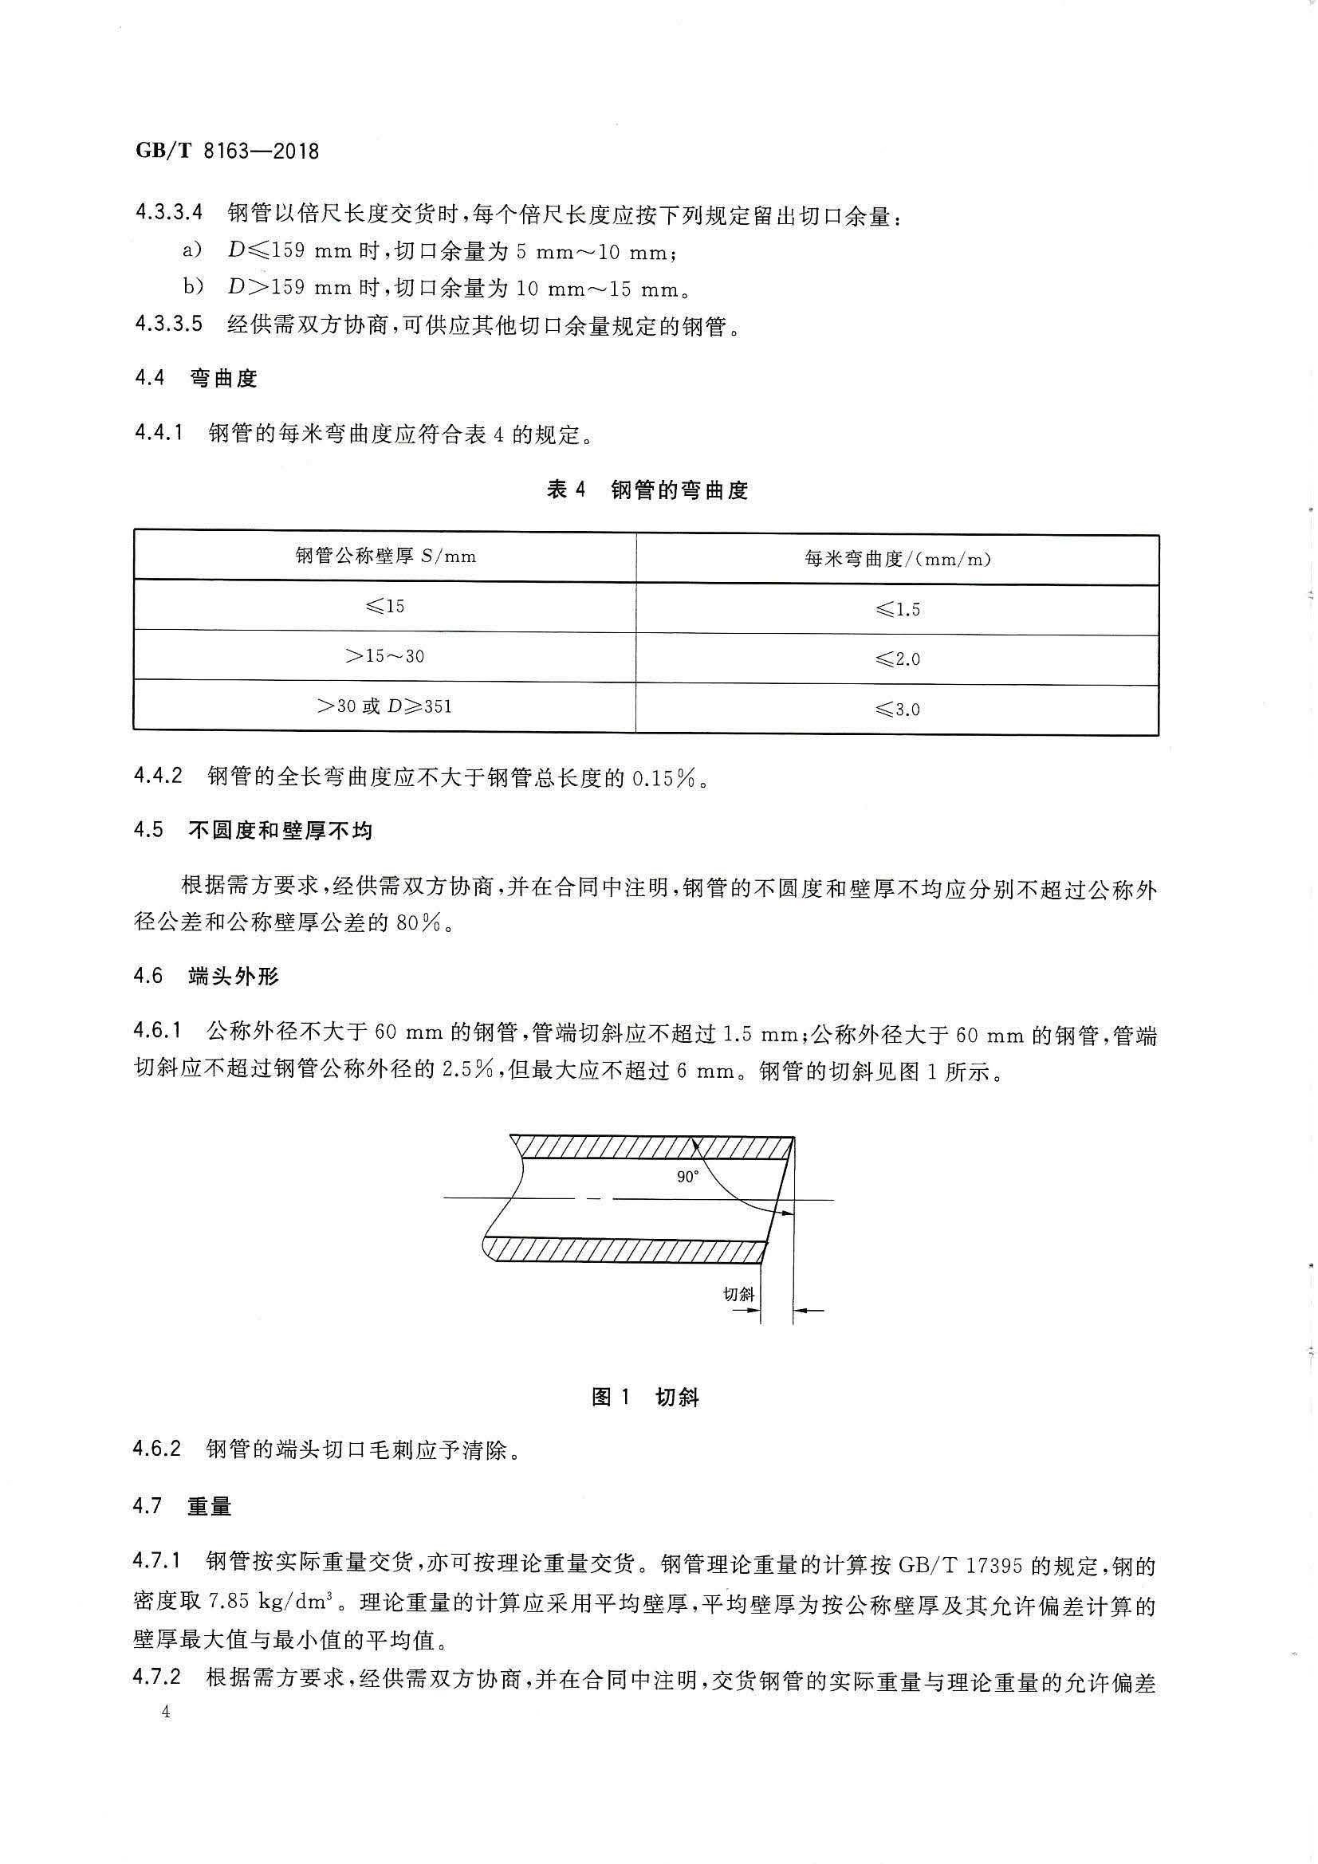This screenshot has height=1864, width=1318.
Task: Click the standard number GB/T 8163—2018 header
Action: (226, 151)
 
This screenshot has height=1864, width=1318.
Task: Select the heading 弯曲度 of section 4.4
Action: (223, 379)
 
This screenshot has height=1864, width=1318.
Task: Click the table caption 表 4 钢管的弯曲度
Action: (647, 490)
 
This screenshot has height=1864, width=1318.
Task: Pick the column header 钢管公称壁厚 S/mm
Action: (385, 557)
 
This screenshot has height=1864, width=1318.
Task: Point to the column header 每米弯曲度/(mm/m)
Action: (897, 559)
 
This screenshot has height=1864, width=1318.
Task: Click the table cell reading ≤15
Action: (385, 607)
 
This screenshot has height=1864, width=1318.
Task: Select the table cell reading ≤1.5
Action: (897, 609)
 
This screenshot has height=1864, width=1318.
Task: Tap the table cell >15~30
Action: (385, 656)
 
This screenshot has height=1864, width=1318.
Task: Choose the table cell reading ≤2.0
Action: (897, 659)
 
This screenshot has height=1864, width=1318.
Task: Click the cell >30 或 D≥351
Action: (385, 706)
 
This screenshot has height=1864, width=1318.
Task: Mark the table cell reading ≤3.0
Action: (897, 710)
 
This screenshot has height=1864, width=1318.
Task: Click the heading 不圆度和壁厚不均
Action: (280, 831)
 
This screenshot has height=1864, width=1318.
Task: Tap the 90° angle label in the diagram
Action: (688, 1178)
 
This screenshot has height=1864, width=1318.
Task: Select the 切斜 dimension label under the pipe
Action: (738, 1294)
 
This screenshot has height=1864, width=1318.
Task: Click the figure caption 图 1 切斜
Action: (646, 1397)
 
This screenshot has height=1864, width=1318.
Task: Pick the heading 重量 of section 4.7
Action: (210, 1507)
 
